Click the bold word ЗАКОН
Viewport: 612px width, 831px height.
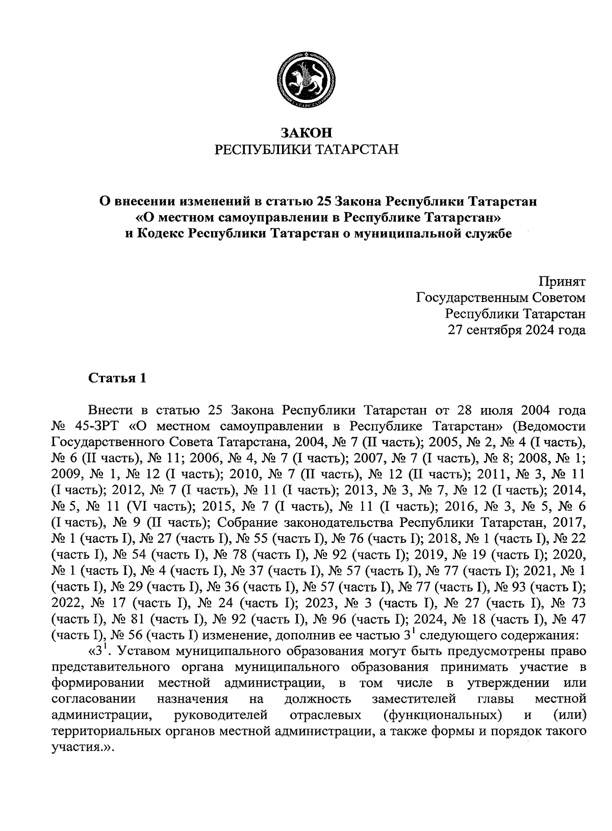point(306,133)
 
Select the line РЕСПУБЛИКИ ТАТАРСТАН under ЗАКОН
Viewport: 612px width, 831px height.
point(306,149)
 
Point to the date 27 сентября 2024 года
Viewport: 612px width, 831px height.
point(516,330)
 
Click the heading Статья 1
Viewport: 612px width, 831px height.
point(117,378)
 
